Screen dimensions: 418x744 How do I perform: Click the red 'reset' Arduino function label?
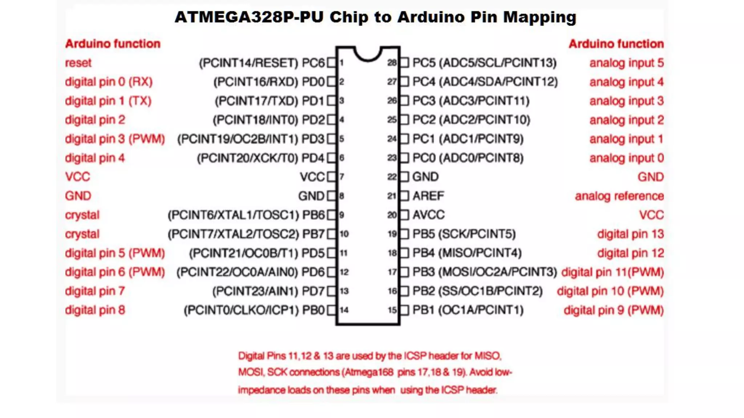78,63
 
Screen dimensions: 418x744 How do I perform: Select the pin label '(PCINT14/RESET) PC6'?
262,63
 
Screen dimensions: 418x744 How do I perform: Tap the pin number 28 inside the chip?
392,63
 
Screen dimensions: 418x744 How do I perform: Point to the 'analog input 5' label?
626,63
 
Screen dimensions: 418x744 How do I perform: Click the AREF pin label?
428,196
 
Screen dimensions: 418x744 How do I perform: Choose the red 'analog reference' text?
619,196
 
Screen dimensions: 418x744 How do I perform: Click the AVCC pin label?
428,215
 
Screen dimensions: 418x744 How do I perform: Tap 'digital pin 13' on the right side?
630,234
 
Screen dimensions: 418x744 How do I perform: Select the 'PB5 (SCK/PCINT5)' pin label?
464,234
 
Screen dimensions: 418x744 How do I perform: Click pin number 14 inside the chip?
344,310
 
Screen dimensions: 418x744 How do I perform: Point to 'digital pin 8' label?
95,310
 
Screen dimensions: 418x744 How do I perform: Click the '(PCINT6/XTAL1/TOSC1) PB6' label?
246,215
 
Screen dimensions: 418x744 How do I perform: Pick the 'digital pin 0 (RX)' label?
109,82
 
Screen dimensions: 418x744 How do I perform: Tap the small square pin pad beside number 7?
331,177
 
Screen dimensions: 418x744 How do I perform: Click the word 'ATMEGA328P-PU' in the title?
249,17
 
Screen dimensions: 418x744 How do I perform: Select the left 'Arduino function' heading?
113,44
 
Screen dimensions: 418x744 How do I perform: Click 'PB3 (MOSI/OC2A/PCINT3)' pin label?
484,272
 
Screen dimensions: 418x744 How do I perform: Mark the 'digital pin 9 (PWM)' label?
614,310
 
